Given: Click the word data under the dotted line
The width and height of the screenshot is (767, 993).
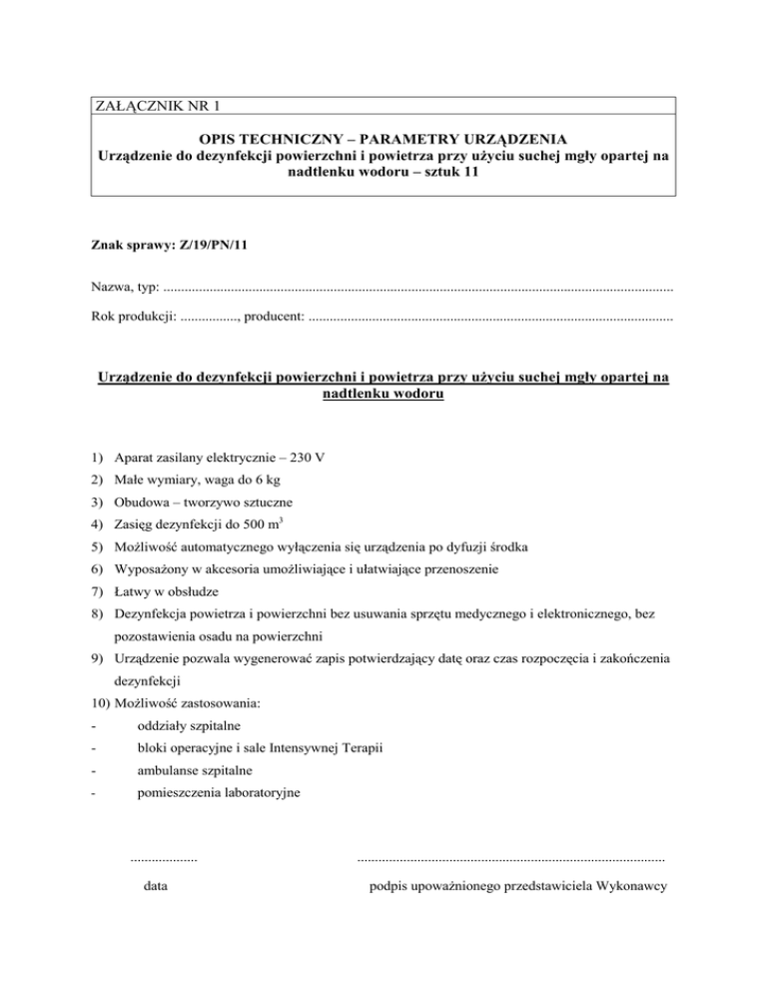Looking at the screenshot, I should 156,885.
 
